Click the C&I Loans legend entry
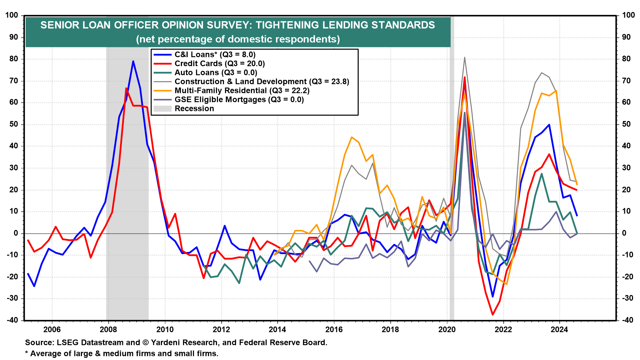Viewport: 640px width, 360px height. (215, 55)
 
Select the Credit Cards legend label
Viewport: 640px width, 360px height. (219, 64)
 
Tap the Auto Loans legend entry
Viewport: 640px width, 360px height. (216, 73)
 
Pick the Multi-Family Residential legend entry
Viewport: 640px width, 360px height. (242, 91)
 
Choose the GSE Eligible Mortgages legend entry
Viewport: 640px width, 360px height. (239, 100)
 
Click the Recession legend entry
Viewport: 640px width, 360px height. (194, 109)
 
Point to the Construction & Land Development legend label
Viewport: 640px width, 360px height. (262, 82)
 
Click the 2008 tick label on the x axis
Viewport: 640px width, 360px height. (108, 330)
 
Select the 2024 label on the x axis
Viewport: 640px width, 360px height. (559, 330)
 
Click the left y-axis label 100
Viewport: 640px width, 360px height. (12, 15)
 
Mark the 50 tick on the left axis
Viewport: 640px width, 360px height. (14, 124)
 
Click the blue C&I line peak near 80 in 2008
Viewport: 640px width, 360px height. (133, 61)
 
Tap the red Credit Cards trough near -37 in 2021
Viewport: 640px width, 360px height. (493, 314)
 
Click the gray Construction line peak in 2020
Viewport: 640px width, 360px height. (464, 57)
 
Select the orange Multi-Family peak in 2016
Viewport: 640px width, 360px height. (352, 137)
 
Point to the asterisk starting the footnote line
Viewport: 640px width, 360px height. (27, 353)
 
